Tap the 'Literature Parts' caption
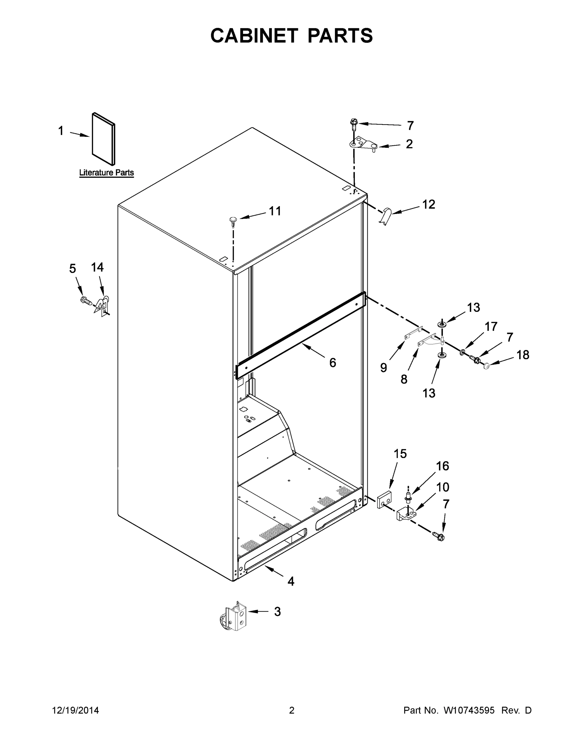[x=106, y=172]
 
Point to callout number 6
[x=332, y=363]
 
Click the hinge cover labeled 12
[x=386, y=216]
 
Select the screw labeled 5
[x=85, y=301]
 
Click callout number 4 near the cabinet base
[x=291, y=581]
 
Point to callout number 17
[x=491, y=326]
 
